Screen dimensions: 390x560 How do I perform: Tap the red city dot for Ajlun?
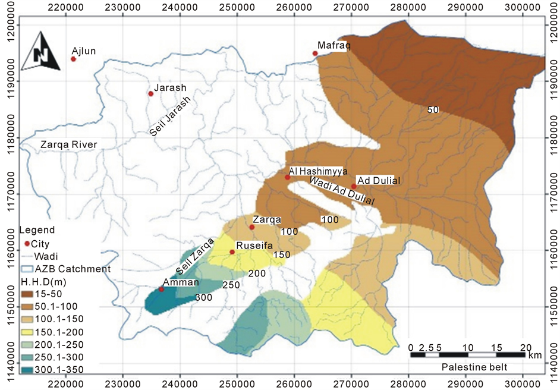coord(74,59)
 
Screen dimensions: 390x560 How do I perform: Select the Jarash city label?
coord(170,87)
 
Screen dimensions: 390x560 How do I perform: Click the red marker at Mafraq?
coord(315,54)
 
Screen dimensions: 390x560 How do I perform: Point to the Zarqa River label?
coord(68,144)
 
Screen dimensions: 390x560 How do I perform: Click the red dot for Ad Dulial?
coord(354,186)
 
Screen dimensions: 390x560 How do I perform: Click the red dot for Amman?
coord(161,289)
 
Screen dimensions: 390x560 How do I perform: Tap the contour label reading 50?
coord(433,109)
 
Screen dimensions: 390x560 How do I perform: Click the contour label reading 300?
coord(204,297)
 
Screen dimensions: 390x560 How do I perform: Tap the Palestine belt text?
coord(474,367)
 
